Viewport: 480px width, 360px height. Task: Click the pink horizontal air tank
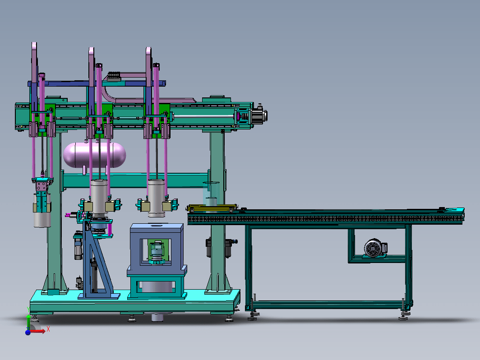coord(94,155)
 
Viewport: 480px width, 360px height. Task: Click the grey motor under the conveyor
coord(375,248)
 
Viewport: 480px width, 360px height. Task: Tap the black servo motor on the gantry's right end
coord(259,116)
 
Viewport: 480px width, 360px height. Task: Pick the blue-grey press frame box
coord(157,249)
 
